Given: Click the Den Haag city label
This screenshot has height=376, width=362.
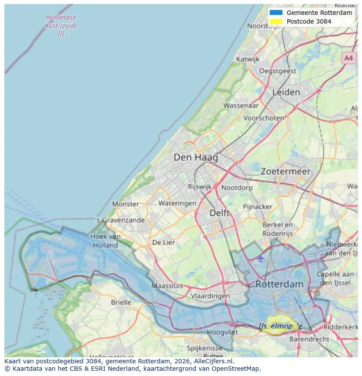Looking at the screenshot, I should pyautogui.click(x=195, y=157).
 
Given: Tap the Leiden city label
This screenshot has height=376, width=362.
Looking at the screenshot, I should pyautogui.click(x=286, y=92).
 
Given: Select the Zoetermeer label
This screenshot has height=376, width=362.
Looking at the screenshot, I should pyautogui.click(x=285, y=172).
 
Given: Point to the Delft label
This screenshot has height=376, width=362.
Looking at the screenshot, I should pyautogui.click(x=219, y=213).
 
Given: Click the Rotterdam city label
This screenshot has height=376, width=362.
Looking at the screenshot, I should pyautogui.click(x=279, y=284).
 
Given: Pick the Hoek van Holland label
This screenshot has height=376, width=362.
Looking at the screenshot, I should pyautogui.click(x=105, y=241).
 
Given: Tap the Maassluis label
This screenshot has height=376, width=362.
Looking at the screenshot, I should pyautogui.click(x=167, y=286).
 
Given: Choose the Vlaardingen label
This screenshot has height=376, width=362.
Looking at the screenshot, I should pyautogui.click(x=210, y=296).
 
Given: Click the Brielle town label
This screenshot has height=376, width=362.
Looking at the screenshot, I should pyautogui.click(x=121, y=302).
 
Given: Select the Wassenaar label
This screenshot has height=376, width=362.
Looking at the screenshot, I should pyautogui.click(x=240, y=105).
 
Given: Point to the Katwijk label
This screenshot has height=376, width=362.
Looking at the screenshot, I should pyautogui.click(x=247, y=59).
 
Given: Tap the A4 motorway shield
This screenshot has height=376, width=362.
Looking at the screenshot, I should pyautogui.click(x=348, y=58).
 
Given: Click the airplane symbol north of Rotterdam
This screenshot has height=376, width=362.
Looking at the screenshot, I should pyautogui.click(x=261, y=258).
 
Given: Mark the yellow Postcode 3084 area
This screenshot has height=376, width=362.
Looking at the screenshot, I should pyautogui.click(x=280, y=326).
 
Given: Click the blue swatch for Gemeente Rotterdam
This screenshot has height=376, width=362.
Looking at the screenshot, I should pyautogui.click(x=276, y=13).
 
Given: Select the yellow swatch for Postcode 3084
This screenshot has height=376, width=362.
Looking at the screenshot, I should pyautogui.click(x=276, y=21).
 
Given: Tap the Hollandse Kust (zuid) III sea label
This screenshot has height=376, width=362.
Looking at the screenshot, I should pyautogui.click(x=61, y=25).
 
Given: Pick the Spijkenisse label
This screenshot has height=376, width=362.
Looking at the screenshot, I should pyautogui.click(x=204, y=348).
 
